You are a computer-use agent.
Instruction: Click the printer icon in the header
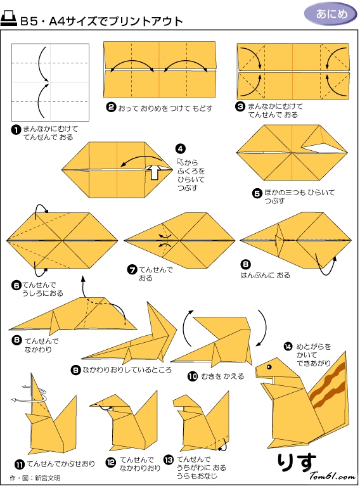click(9, 19)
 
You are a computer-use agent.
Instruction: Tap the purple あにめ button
click(331, 15)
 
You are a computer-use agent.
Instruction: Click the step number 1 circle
click(16, 129)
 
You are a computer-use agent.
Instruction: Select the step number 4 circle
click(180, 149)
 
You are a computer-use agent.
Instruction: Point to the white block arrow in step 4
click(154, 172)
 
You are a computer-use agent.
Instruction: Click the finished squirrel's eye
click(269, 367)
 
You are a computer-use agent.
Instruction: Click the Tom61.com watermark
click(332, 476)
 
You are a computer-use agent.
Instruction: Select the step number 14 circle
click(288, 347)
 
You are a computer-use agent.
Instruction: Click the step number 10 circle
click(193, 376)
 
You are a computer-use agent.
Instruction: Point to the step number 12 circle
click(111, 463)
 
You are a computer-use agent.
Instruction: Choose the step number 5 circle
click(257, 193)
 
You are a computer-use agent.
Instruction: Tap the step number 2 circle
click(111, 108)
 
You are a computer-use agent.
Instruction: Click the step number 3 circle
click(240, 106)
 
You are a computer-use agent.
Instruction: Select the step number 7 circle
click(132, 270)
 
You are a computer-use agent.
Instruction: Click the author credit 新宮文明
click(48, 478)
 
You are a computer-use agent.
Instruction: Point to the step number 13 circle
click(169, 460)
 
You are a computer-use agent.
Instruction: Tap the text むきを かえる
click(222, 376)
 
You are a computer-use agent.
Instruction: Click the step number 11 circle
click(20, 464)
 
